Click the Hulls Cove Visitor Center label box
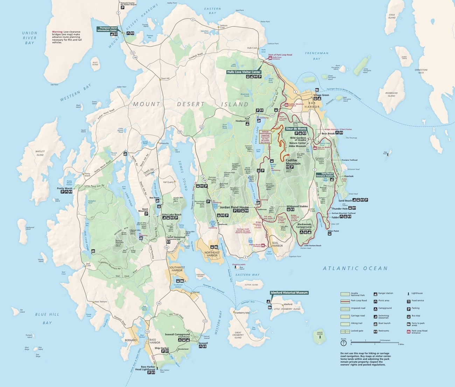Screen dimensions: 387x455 tap(244, 72)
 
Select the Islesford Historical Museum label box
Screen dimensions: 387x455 tap(289, 292)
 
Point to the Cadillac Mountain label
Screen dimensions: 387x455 tap(293, 161)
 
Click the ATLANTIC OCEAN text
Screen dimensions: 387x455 tap(355, 268)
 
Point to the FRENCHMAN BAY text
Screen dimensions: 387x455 tap(316, 56)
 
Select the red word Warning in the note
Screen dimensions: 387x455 tap(57, 32)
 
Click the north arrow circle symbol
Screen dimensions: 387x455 tap(344, 344)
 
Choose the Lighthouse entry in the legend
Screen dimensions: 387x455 tap(417, 293)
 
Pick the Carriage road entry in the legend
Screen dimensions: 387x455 tap(357, 316)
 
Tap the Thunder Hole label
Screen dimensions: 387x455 tap(339, 209)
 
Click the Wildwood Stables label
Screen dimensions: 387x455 tap(297, 206)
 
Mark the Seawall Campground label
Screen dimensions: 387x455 tap(178, 334)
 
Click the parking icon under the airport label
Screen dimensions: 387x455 tap(123, 7)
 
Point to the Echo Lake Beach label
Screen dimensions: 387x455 tap(171, 214)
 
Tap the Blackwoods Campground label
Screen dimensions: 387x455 tap(304, 226)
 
